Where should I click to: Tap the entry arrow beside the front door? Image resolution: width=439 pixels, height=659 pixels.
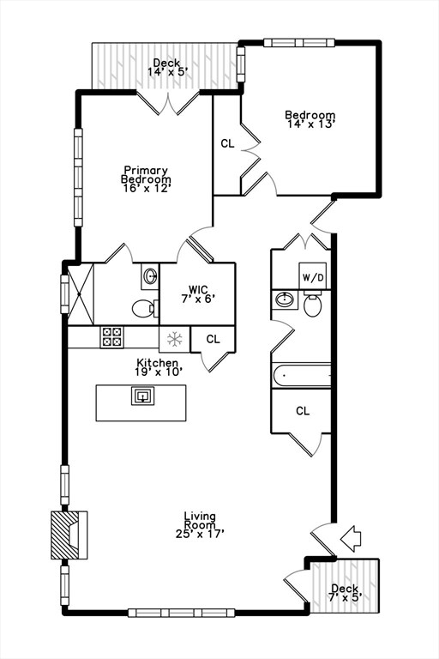coord(351,540)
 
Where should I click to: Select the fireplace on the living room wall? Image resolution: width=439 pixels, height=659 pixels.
coord(69,535)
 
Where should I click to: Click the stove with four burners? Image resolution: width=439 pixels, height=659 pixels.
coord(111,337)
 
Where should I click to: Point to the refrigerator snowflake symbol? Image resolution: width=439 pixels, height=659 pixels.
coord(174,338)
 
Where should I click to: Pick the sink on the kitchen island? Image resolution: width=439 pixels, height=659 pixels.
coord(141,396)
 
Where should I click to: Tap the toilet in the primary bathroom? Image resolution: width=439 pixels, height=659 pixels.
coord(144,308)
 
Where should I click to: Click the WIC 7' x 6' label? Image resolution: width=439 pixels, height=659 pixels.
coord(196,293)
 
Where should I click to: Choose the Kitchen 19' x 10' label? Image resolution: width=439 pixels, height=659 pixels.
coord(157,367)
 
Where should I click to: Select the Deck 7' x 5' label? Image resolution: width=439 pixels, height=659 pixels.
coord(345,592)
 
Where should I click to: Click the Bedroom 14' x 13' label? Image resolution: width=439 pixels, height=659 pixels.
coord(310,118)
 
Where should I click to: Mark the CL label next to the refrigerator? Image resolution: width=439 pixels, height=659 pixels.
coord(213,339)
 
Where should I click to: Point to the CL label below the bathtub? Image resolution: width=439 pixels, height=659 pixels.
coord(302,411)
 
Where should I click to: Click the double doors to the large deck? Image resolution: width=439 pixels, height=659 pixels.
coord(169,103)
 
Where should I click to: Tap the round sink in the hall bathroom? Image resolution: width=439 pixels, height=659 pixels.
coord(285,299)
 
